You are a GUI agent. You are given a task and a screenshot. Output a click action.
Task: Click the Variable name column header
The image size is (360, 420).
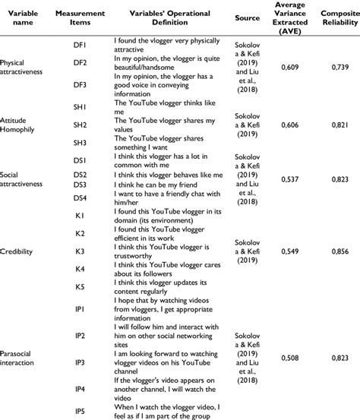(21, 17)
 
